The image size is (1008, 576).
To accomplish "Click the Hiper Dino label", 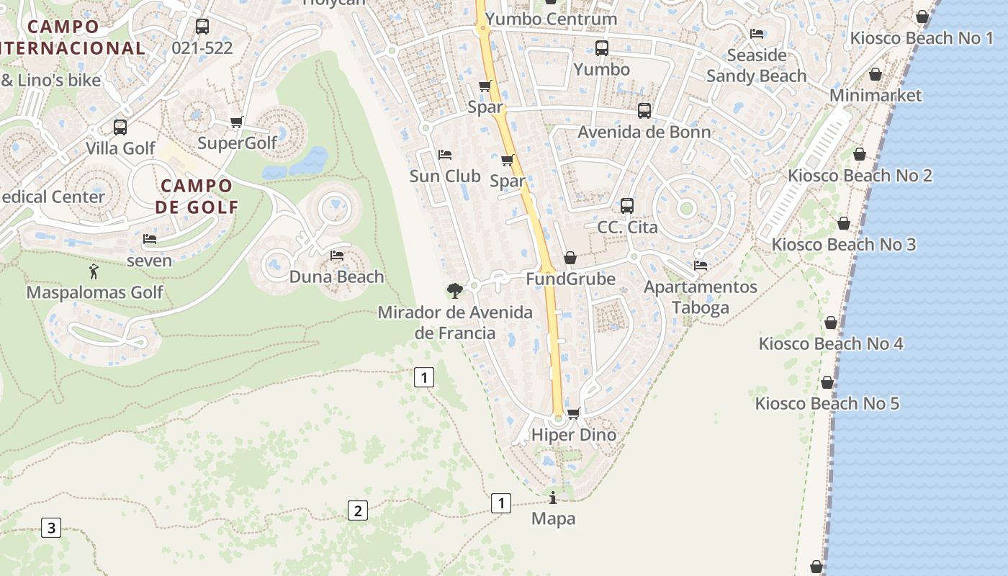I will click(573, 435).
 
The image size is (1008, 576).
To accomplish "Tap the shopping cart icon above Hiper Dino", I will click(574, 413).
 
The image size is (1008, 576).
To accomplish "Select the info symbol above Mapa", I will click(553, 498).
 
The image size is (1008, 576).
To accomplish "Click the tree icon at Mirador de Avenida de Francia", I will click(454, 290).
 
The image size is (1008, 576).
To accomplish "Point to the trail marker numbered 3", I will click(50, 528).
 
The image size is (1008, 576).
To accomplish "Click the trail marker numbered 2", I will click(357, 510).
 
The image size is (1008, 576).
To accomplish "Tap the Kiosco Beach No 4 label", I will click(830, 343).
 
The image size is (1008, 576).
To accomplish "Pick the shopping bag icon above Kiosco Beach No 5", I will click(827, 382).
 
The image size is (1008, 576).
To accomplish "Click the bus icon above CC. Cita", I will click(627, 206).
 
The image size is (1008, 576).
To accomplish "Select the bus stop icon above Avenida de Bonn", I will click(644, 111).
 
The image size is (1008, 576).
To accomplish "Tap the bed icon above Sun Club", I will click(445, 155).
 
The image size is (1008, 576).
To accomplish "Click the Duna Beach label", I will click(336, 277).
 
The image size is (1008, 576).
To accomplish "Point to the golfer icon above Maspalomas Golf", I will click(93, 271).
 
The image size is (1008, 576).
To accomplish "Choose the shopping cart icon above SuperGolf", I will click(237, 122).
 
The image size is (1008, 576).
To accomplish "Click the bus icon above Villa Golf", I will click(120, 127).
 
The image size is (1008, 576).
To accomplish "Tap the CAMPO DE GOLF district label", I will click(197, 197).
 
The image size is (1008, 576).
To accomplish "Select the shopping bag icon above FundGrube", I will click(570, 258).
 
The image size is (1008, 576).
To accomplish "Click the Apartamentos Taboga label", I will click(700, 297).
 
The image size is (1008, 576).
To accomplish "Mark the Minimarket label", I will click(876, 95).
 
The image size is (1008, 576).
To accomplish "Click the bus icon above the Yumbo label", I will click(602, 48).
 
